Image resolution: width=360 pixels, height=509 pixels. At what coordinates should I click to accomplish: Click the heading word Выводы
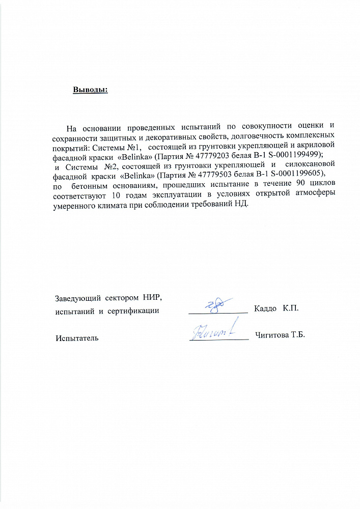point(90,90)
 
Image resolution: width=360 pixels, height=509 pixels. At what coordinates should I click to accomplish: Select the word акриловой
point(314,146)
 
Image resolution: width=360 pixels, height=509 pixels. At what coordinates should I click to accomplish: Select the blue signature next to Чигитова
point(215,331)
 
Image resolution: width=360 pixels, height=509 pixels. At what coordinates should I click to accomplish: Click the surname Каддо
point(265,309)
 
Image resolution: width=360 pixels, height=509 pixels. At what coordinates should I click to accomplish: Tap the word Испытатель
point(77,337)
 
